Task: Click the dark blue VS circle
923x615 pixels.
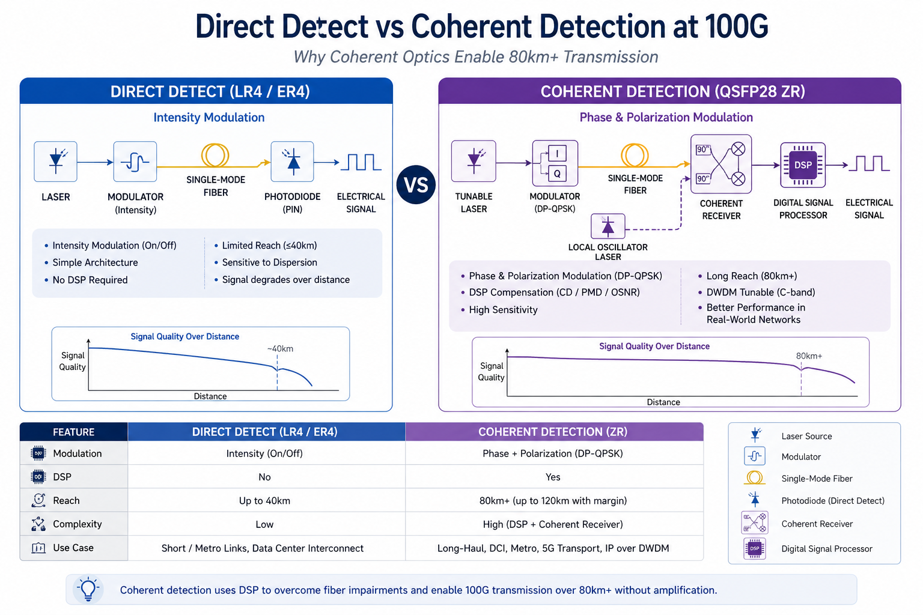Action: [416, 184]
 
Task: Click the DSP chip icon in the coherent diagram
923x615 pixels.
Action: [803, 165]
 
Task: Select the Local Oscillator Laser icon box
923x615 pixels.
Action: [608, 226]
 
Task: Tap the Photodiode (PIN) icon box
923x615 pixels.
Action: [293, 162]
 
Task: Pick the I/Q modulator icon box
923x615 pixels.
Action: [555, 163]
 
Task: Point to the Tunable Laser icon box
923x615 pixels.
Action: [474, 161]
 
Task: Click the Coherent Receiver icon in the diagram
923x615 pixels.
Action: [721, 163]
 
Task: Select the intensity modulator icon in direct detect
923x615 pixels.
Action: [135, 162]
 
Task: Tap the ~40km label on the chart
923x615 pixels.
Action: [280, 349]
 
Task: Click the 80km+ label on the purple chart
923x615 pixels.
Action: [809, 356]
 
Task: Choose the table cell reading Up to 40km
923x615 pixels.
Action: [264, 501]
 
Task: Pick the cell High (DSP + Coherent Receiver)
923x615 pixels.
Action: [553, 524]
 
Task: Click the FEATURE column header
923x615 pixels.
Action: [73, 432]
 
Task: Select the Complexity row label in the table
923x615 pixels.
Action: [77, 524]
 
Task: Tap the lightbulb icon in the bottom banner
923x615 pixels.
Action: [88, 589]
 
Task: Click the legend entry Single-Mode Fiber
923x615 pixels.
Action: [817, 479]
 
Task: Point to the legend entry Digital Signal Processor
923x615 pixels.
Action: [826, 549]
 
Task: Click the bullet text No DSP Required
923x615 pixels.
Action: [90, 280]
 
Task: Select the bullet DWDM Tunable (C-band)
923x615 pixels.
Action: [761, 292]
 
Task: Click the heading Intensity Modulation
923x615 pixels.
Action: [209, 118]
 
